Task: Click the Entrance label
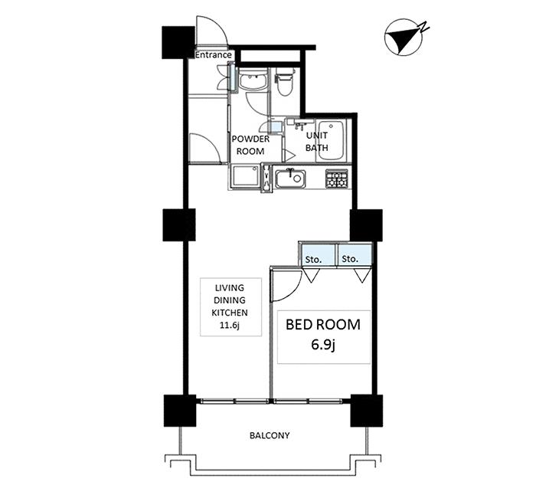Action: (x=214, y=54)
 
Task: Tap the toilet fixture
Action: (x=284, y=82)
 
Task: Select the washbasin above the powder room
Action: (x=253, y=80)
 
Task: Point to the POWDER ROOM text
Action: (x=250, y=145)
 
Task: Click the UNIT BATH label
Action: (x=317, y=142)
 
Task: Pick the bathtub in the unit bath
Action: (x=331, y=140)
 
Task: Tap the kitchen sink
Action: (x=290, y=179)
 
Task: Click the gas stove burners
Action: (x=337, y=179)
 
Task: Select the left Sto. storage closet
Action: (x=319, y=254)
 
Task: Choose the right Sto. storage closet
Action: (x=355, y=254)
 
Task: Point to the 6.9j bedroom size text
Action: (x=323, y=346)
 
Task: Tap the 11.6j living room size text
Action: (x=230, y=326)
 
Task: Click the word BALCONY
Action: (x=270, y=435)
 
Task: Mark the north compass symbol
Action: (x=404, y=40)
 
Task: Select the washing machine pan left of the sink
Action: (x=246, y=176)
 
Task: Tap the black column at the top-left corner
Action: (x=178, y=42)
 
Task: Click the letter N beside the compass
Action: (x=424, y=27)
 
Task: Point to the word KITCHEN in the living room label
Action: (x=230, y=313)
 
